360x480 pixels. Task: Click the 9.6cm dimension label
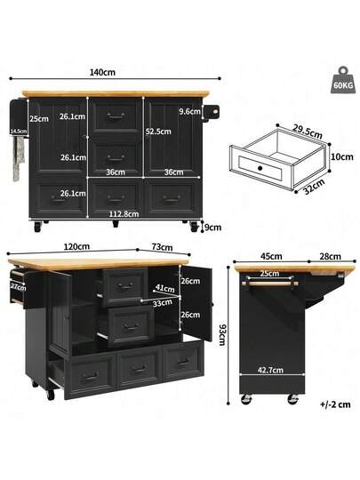(188, 112)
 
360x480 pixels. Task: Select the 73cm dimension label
(162, 246)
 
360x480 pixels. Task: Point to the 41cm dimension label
(164, 288)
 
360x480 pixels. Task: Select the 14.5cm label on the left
(18, 131)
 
